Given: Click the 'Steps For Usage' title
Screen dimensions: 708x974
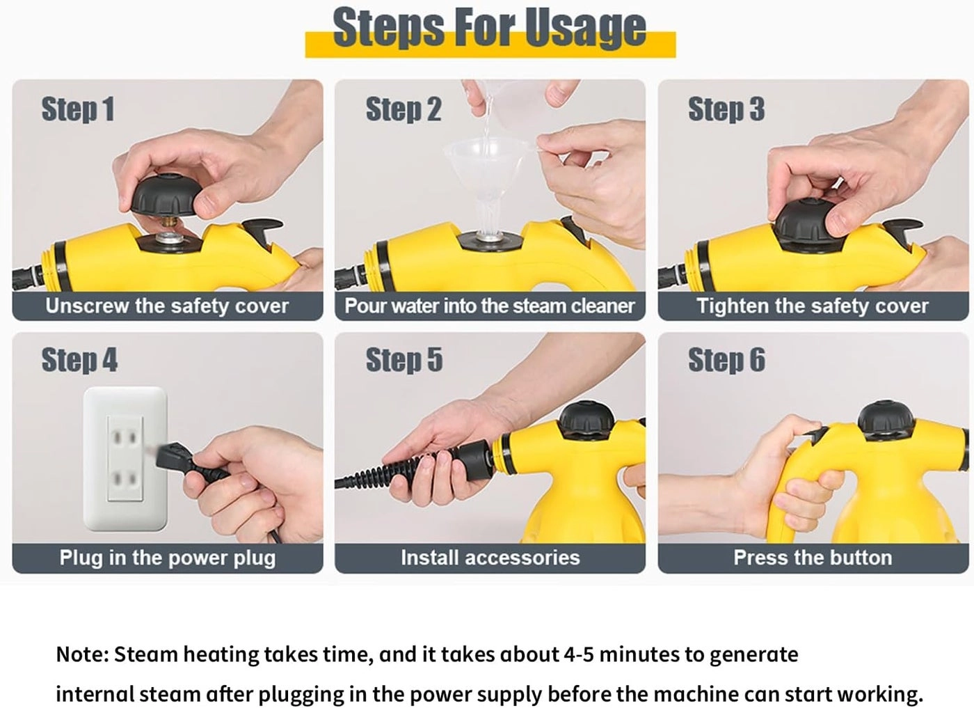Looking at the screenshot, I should [489, 29].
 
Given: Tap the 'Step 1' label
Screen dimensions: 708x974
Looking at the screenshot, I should [77, 109].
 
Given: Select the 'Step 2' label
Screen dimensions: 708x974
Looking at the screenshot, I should [404, 109].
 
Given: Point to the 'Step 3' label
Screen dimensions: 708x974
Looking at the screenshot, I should [726, 109].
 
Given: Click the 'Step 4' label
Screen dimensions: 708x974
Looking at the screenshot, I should [79, 360].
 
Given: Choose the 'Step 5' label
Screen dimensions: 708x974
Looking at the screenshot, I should [404, 360].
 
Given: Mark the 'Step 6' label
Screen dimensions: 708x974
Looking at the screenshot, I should [726, 360].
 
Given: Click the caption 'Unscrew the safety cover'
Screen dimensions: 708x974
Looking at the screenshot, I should [167, 306].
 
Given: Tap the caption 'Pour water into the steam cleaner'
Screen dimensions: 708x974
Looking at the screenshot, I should [490, 306].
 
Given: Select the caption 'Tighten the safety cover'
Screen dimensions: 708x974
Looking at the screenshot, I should [812, 306].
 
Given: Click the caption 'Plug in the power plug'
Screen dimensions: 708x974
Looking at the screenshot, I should [167, 558].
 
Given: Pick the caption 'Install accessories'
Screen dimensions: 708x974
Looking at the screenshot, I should [490, 558].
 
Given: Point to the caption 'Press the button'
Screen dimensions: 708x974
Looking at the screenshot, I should [812, 558].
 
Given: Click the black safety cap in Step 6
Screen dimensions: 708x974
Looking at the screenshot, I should [885, 418].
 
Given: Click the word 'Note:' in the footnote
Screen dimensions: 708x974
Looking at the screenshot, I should [82, 654].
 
